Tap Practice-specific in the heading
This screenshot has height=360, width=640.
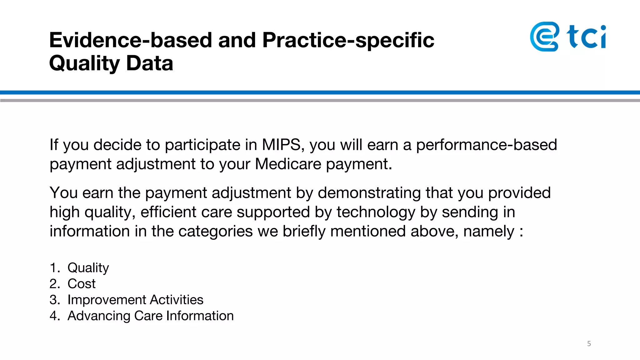[x=348, y=41]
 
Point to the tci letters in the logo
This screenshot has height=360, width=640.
[x=587, y=37]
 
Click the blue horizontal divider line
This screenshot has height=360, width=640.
[x=320, y=92]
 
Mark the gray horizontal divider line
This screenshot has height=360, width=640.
[x=320, y=100]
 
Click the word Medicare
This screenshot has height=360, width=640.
[x=288, y=164]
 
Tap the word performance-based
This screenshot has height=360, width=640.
[x=486, y=145]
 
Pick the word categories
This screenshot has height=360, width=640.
[x=215, y=232]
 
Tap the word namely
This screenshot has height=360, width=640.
[x=489, y=232]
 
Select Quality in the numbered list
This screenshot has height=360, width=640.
[x=88, y=268]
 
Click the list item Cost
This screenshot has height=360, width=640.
[x=82, y=284]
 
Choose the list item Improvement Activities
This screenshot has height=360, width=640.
[x=135, y=300]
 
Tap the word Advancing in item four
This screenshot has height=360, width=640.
[x=99, y=316]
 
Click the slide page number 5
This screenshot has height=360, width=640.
[x=589, y=344]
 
